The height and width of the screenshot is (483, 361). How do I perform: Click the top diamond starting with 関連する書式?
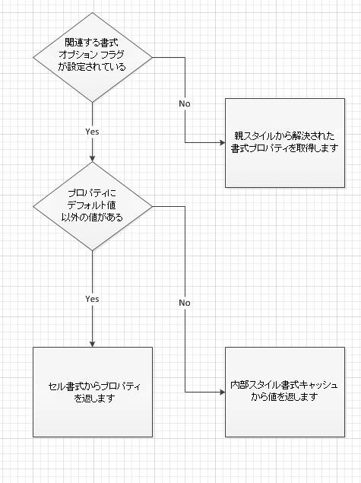[x=92, y=56]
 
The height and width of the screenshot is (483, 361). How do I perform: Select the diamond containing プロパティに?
[x=92, y=206]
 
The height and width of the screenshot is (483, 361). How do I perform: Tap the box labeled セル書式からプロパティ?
[x=92, y=392]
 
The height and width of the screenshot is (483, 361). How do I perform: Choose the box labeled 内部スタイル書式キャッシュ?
[x=284, y=392]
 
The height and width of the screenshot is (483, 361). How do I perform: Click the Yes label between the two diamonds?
[x=92, y=131]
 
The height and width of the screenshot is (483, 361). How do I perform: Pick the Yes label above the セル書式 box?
[x=92, y=299]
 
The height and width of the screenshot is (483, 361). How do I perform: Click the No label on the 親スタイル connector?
[x=185, y=102]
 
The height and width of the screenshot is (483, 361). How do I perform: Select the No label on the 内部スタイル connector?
[x=185, y=303]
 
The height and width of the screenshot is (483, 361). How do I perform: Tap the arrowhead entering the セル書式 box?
[x=92, y=343]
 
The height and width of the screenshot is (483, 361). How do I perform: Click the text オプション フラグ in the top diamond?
[x=92, y=56]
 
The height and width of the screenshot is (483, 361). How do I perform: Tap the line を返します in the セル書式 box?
[x=92, y=398]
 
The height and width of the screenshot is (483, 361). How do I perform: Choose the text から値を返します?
[x=284, y=398]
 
